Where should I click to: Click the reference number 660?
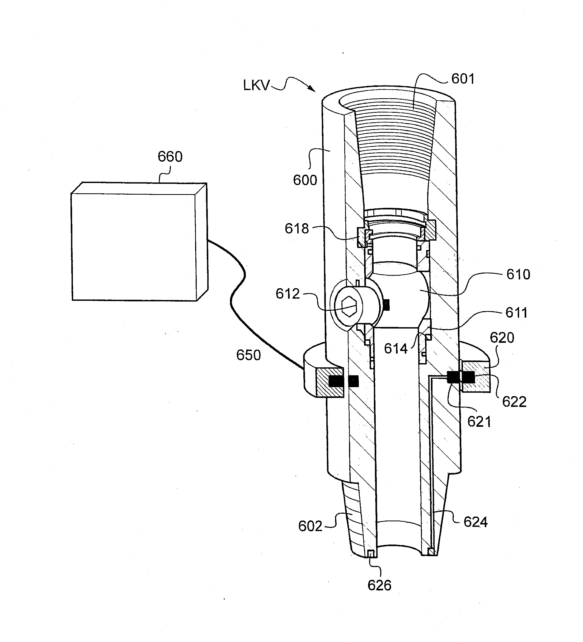coord(170,157)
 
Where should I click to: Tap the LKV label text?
coord(256,85)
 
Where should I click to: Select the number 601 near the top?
coord(463,79)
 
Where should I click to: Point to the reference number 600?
coord(305,180)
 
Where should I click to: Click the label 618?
coord(297,229)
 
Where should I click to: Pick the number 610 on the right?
coord(518,274)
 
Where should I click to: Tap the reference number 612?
coord(288,294)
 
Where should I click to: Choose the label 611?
coord(516,313)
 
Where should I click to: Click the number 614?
coord(396,349)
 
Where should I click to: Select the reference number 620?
coord(502,338)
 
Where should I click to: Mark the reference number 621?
coord(479,422)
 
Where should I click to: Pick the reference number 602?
coord(310,526)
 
